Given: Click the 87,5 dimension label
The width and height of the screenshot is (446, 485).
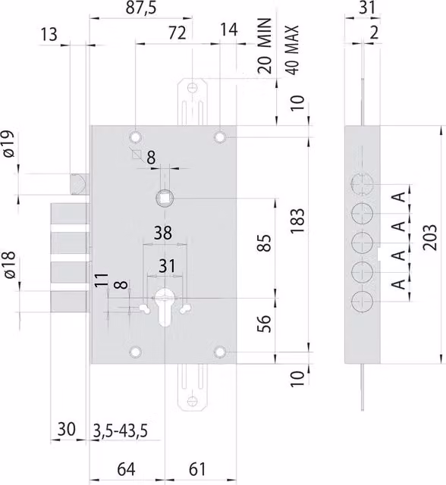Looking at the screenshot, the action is point(141,8).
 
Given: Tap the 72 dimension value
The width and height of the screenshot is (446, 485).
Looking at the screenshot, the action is point(177,33).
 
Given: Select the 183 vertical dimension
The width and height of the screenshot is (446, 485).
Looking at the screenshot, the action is point(298,221).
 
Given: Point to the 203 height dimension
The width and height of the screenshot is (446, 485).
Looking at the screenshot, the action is point(429,237).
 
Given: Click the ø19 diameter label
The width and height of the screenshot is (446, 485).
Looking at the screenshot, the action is point(9,143).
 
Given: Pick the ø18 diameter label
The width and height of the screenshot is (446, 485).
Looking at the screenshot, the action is point(9,264).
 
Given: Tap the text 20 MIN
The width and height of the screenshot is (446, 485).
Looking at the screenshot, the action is point(265,45).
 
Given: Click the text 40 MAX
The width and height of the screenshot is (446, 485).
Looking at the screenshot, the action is point(292,50).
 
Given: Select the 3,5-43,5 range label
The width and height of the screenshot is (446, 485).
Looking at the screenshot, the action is point(120,430).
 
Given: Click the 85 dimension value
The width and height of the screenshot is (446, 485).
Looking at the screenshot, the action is point(264,242).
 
